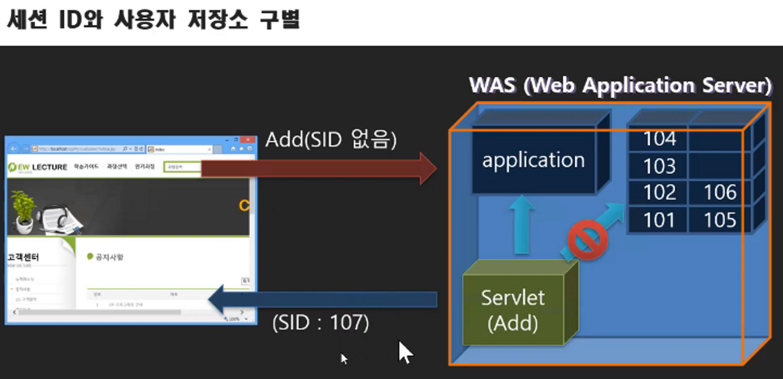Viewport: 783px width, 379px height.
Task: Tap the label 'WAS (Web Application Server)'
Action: point(620,86)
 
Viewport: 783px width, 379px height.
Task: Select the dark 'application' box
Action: point(533,160)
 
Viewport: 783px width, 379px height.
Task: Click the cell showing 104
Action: point(659,140)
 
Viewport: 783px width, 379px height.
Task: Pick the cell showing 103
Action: point(659,166)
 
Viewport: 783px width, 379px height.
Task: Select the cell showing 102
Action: point(659,193)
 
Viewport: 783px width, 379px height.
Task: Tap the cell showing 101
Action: point(659,220)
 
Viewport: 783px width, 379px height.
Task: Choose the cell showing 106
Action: point(720,193)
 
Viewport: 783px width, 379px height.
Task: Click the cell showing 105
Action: point(720,220)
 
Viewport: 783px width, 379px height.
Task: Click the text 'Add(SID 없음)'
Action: point(331,140)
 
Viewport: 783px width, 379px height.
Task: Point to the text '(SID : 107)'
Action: point(321,324)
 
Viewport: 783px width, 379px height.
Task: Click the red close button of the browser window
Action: point(250,140)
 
